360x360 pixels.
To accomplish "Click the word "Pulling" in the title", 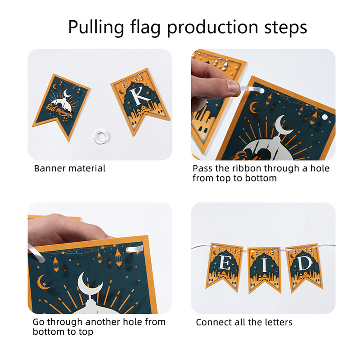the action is (96, 27).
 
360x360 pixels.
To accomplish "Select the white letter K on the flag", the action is (139, 97).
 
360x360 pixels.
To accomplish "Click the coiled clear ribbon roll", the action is (102, 137).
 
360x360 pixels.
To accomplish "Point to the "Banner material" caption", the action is (70, 168).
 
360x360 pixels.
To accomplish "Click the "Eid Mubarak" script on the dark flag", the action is (59, 110).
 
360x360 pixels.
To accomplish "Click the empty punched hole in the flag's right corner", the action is (324, 117).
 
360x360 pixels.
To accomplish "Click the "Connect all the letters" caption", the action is (244, 322).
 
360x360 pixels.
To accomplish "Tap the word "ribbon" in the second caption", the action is (247, 168).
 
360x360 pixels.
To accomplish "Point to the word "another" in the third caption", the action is (103, 322).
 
